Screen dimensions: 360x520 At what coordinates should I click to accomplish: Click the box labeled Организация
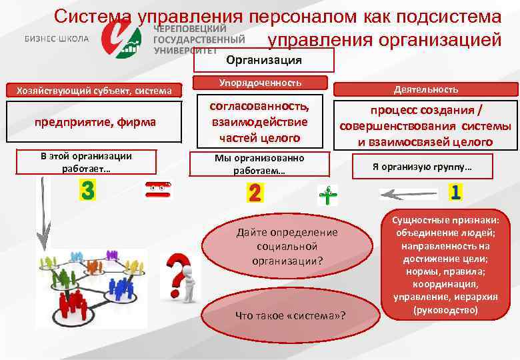(x=263, y=61)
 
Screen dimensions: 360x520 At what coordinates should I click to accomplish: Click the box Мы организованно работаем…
(x=259, y=164)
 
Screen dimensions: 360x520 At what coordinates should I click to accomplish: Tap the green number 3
(x=87, y=191)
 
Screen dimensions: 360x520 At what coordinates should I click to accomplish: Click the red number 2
(x=255, y=193)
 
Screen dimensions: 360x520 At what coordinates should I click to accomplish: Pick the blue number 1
(x=456, y=193)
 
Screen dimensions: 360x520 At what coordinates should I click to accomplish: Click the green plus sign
(x=327, y=195)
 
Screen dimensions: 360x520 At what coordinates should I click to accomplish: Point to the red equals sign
(x=159, y=190)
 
